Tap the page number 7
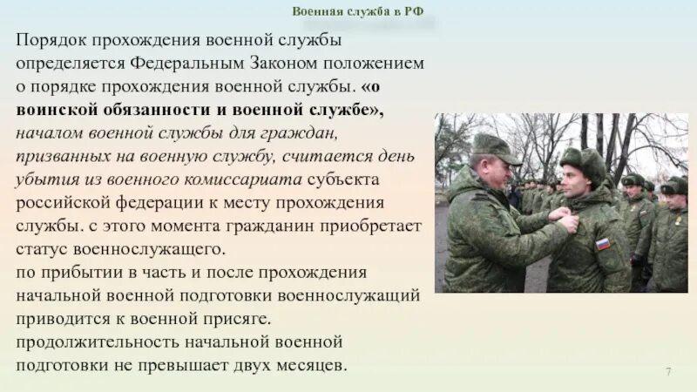click(668, 373)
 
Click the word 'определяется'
click(70, 64)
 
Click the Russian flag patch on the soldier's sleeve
click(603, 244)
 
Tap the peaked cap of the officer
click(493, 147)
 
